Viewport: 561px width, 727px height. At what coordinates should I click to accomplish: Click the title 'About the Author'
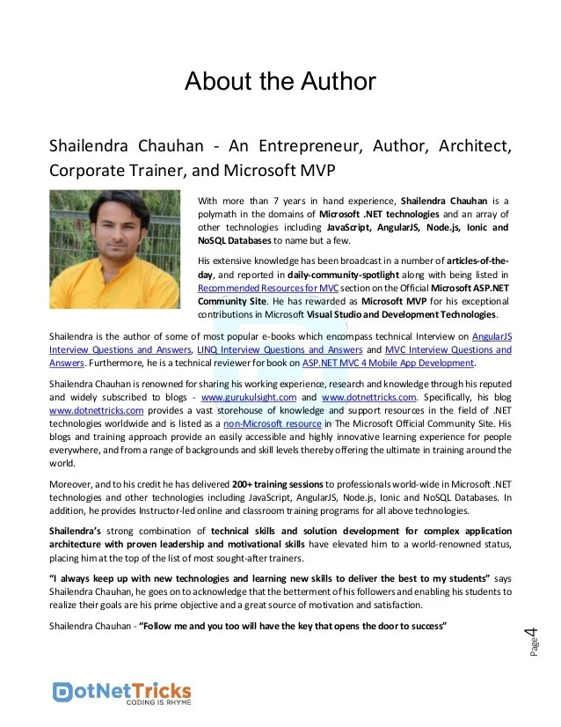coord(280,82)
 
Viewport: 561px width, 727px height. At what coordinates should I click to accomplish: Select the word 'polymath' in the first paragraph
coord(223,214)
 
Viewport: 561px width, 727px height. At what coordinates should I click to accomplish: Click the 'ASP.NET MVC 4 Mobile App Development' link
coord(388,363)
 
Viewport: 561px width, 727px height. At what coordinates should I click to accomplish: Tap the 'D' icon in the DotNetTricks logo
coord(63,691)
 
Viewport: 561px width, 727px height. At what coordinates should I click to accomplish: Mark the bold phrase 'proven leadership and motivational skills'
coord(214,544)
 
